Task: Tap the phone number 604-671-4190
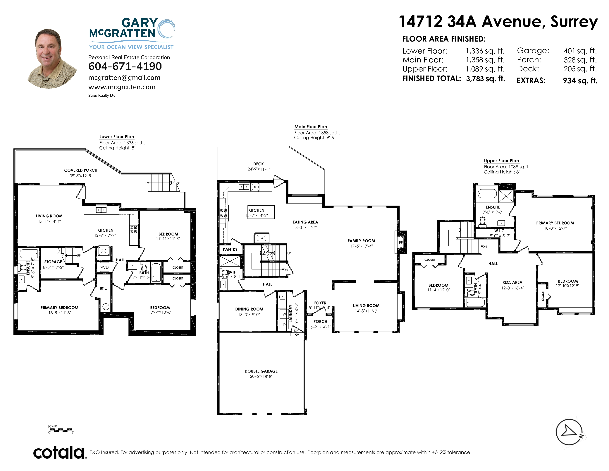(x=125, y=66)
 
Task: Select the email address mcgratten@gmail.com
(x=124, y=78)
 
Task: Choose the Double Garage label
(x=261, y=371)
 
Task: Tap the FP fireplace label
(x=401, y=243)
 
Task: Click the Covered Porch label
(x=81, y=170)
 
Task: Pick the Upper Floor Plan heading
(x=501, y=161)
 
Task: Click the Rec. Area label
(x=512, y=282)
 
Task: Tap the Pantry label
(x=230, y=249)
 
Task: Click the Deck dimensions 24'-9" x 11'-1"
(x=259, y=169)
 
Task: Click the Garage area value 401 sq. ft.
(x=580, y=51)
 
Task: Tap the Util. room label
(x=103, y=289)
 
